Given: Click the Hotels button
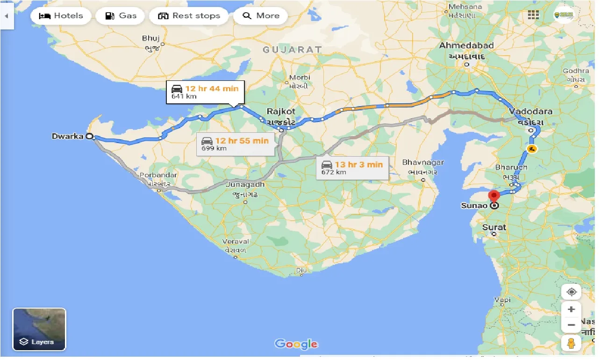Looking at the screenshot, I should click(x=61, y=16).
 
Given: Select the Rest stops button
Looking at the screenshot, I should click(x=188, y=16).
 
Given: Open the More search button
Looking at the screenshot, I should click(x=261, y=16).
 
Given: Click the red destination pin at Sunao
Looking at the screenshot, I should click(x=493, y=196).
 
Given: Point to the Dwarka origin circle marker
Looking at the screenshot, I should click(x=89, y=137).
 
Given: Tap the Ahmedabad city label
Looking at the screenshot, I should click(x=466, y=46).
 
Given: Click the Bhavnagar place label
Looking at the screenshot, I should click(x=423, y=163).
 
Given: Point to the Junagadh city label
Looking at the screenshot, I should click(x=245, y=185).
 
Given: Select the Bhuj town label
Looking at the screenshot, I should click(x=151, y=39).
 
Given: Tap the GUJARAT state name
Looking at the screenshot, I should click(x=292, y=49).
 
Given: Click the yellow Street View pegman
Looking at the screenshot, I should click(x=571, y=343).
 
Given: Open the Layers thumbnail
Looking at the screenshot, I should click(x=39, y=329).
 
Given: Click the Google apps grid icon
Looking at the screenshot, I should click(x=533, y=15).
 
